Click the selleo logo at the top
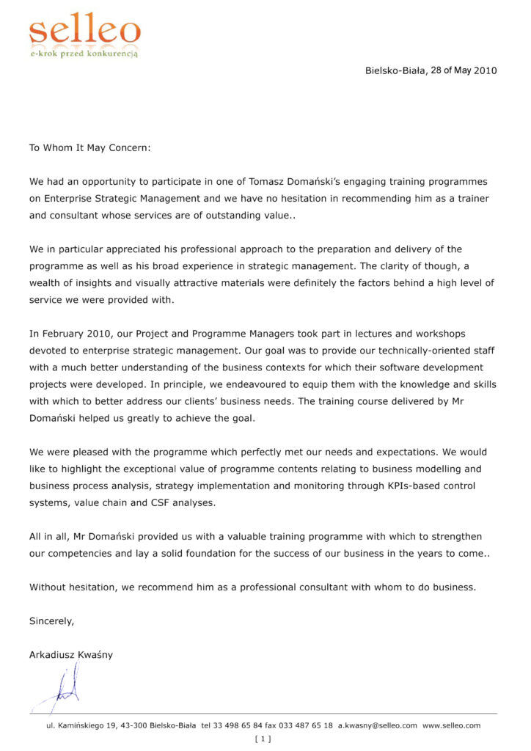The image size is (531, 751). [84, 31]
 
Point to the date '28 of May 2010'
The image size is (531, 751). [464, 70]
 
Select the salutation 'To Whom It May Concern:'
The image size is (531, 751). [89, 147]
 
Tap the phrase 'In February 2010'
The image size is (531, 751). [70, 334]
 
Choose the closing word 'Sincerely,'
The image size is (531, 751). [51, 620]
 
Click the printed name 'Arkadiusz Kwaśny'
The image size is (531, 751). [71, 654]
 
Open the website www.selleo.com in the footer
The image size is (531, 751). [451, 725]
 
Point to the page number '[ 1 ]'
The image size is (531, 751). [263, 739]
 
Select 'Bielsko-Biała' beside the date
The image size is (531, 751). [395, 70]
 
